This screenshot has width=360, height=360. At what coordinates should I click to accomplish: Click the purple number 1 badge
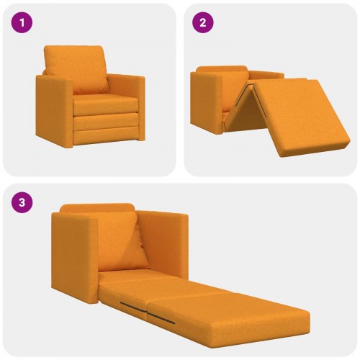[x=23, y=22]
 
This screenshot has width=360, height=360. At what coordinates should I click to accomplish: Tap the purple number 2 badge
[x=202, y=22]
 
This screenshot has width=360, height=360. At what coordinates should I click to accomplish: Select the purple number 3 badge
[x=23, y=202]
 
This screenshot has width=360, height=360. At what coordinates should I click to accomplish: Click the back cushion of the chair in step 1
[x=74, y=68]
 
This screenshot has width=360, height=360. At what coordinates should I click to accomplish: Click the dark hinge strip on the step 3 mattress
[x=148, y=311]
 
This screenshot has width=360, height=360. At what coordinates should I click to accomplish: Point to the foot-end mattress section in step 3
[x=238, y=313]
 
